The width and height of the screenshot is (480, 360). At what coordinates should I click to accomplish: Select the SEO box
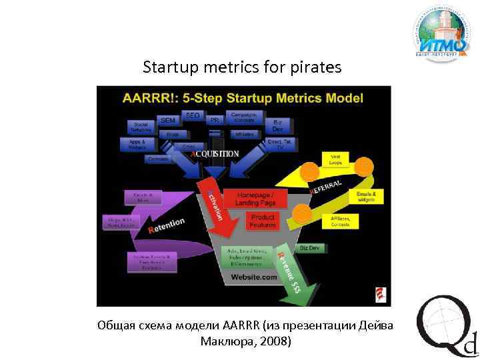pyautogui.click(x=192, y=116)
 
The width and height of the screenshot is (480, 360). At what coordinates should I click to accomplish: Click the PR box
pyautogui.click(x=214, y=121)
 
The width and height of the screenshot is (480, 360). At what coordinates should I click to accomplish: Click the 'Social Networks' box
pyautogui.click(x=141, y=126)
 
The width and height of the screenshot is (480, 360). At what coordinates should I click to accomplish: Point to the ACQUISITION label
pyautogui.click(x=215, y=153)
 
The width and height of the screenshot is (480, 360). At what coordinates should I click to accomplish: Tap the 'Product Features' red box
pyautogui.click(x=262, y=221)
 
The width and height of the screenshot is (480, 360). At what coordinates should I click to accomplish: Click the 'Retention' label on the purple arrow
pyautogui.click(x=167, y=225)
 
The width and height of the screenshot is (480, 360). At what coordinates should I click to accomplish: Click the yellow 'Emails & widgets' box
pyautogui.click(x=366, y=197)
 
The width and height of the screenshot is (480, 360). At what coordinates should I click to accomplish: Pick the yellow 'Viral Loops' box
pyautogui.click(x=335, y=159)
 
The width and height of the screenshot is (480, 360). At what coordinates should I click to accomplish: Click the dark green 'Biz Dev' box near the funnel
pyautogui.click(x=309, y=248)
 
